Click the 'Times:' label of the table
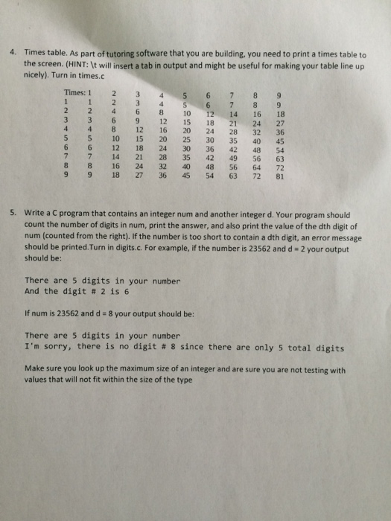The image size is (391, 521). coord(76,93)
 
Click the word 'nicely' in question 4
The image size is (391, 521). coord(36,75)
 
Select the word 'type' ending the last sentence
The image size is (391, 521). coord(182,380)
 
